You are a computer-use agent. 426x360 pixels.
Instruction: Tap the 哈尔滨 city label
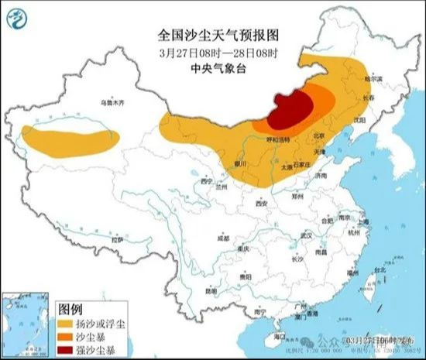click(375, 79)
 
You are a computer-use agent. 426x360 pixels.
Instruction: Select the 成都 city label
click(223, 239)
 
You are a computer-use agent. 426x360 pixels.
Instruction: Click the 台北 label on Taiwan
click(379, 270)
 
